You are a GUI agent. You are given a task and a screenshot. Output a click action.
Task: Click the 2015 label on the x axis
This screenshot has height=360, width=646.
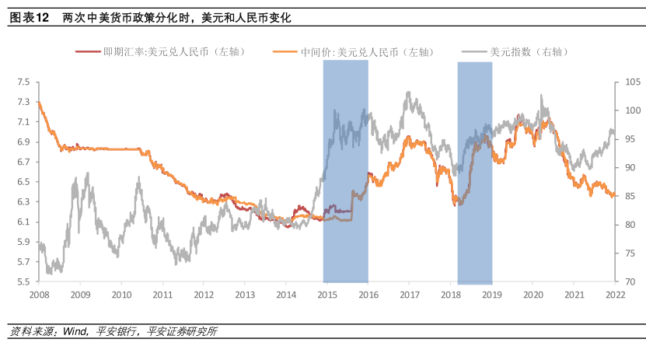click(x=326, y=295)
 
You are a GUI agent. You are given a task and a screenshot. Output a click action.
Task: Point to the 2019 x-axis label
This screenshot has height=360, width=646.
click(x=491, y=295)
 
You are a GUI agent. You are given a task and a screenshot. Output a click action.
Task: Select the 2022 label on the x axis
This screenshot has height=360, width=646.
click(x=615, y=295)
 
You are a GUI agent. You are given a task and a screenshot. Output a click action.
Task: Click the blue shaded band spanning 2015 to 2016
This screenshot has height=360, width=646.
click(x=345, y=171)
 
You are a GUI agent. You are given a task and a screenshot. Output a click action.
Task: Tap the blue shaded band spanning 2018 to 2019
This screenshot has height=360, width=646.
click(x=474, y=171)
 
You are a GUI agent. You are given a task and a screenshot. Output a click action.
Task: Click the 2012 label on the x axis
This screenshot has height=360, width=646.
click(x=203, y=295)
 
